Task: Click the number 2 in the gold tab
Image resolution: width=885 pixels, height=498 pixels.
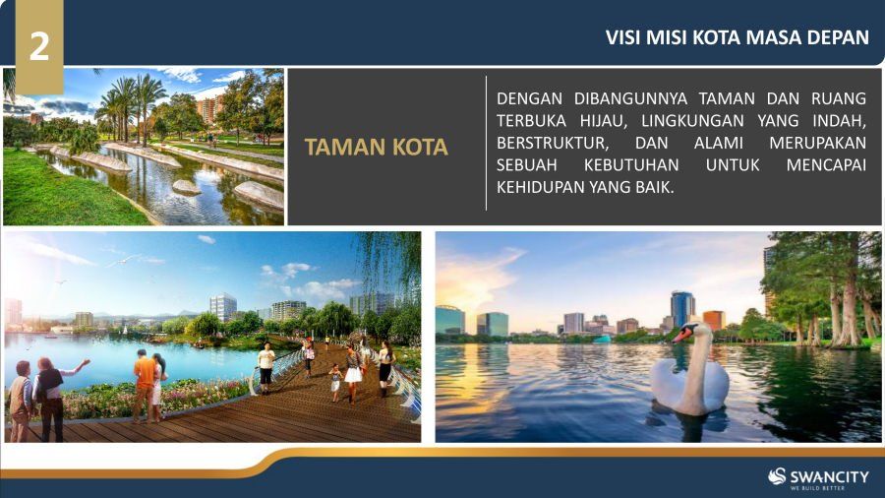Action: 39,45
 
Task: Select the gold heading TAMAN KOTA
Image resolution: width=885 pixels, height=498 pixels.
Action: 376,147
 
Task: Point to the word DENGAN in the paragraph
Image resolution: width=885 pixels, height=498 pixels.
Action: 529,98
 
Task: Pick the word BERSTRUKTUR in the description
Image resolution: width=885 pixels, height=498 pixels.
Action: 553,143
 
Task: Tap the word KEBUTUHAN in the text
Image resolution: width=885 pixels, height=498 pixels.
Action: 631,165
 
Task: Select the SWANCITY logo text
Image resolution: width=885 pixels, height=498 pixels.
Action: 829,477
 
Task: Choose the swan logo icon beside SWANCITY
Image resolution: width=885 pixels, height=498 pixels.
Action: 777,476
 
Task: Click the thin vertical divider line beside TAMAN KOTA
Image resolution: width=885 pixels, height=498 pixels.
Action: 486,144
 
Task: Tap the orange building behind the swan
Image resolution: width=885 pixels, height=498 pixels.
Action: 714,320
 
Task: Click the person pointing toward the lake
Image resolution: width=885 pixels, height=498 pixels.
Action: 51,398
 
